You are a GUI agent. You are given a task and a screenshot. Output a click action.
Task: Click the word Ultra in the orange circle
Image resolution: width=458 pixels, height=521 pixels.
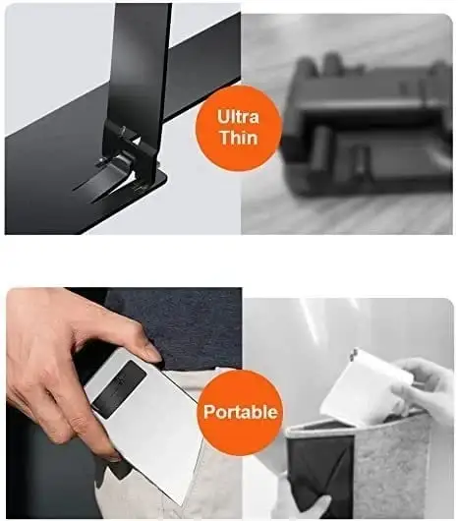238,117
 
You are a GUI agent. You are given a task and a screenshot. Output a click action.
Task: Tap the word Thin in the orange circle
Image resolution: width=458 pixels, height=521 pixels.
239,138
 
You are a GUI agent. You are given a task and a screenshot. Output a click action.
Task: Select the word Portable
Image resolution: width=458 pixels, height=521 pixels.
240,412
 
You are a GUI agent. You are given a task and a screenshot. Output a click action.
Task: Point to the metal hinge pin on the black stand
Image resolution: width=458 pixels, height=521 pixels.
124,130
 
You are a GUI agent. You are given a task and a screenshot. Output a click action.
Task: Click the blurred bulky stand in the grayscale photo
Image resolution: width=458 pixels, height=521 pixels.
367,126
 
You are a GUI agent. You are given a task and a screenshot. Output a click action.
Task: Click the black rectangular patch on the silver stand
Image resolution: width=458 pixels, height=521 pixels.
119,385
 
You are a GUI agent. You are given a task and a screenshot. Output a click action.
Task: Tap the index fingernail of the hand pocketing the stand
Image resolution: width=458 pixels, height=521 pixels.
153,353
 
